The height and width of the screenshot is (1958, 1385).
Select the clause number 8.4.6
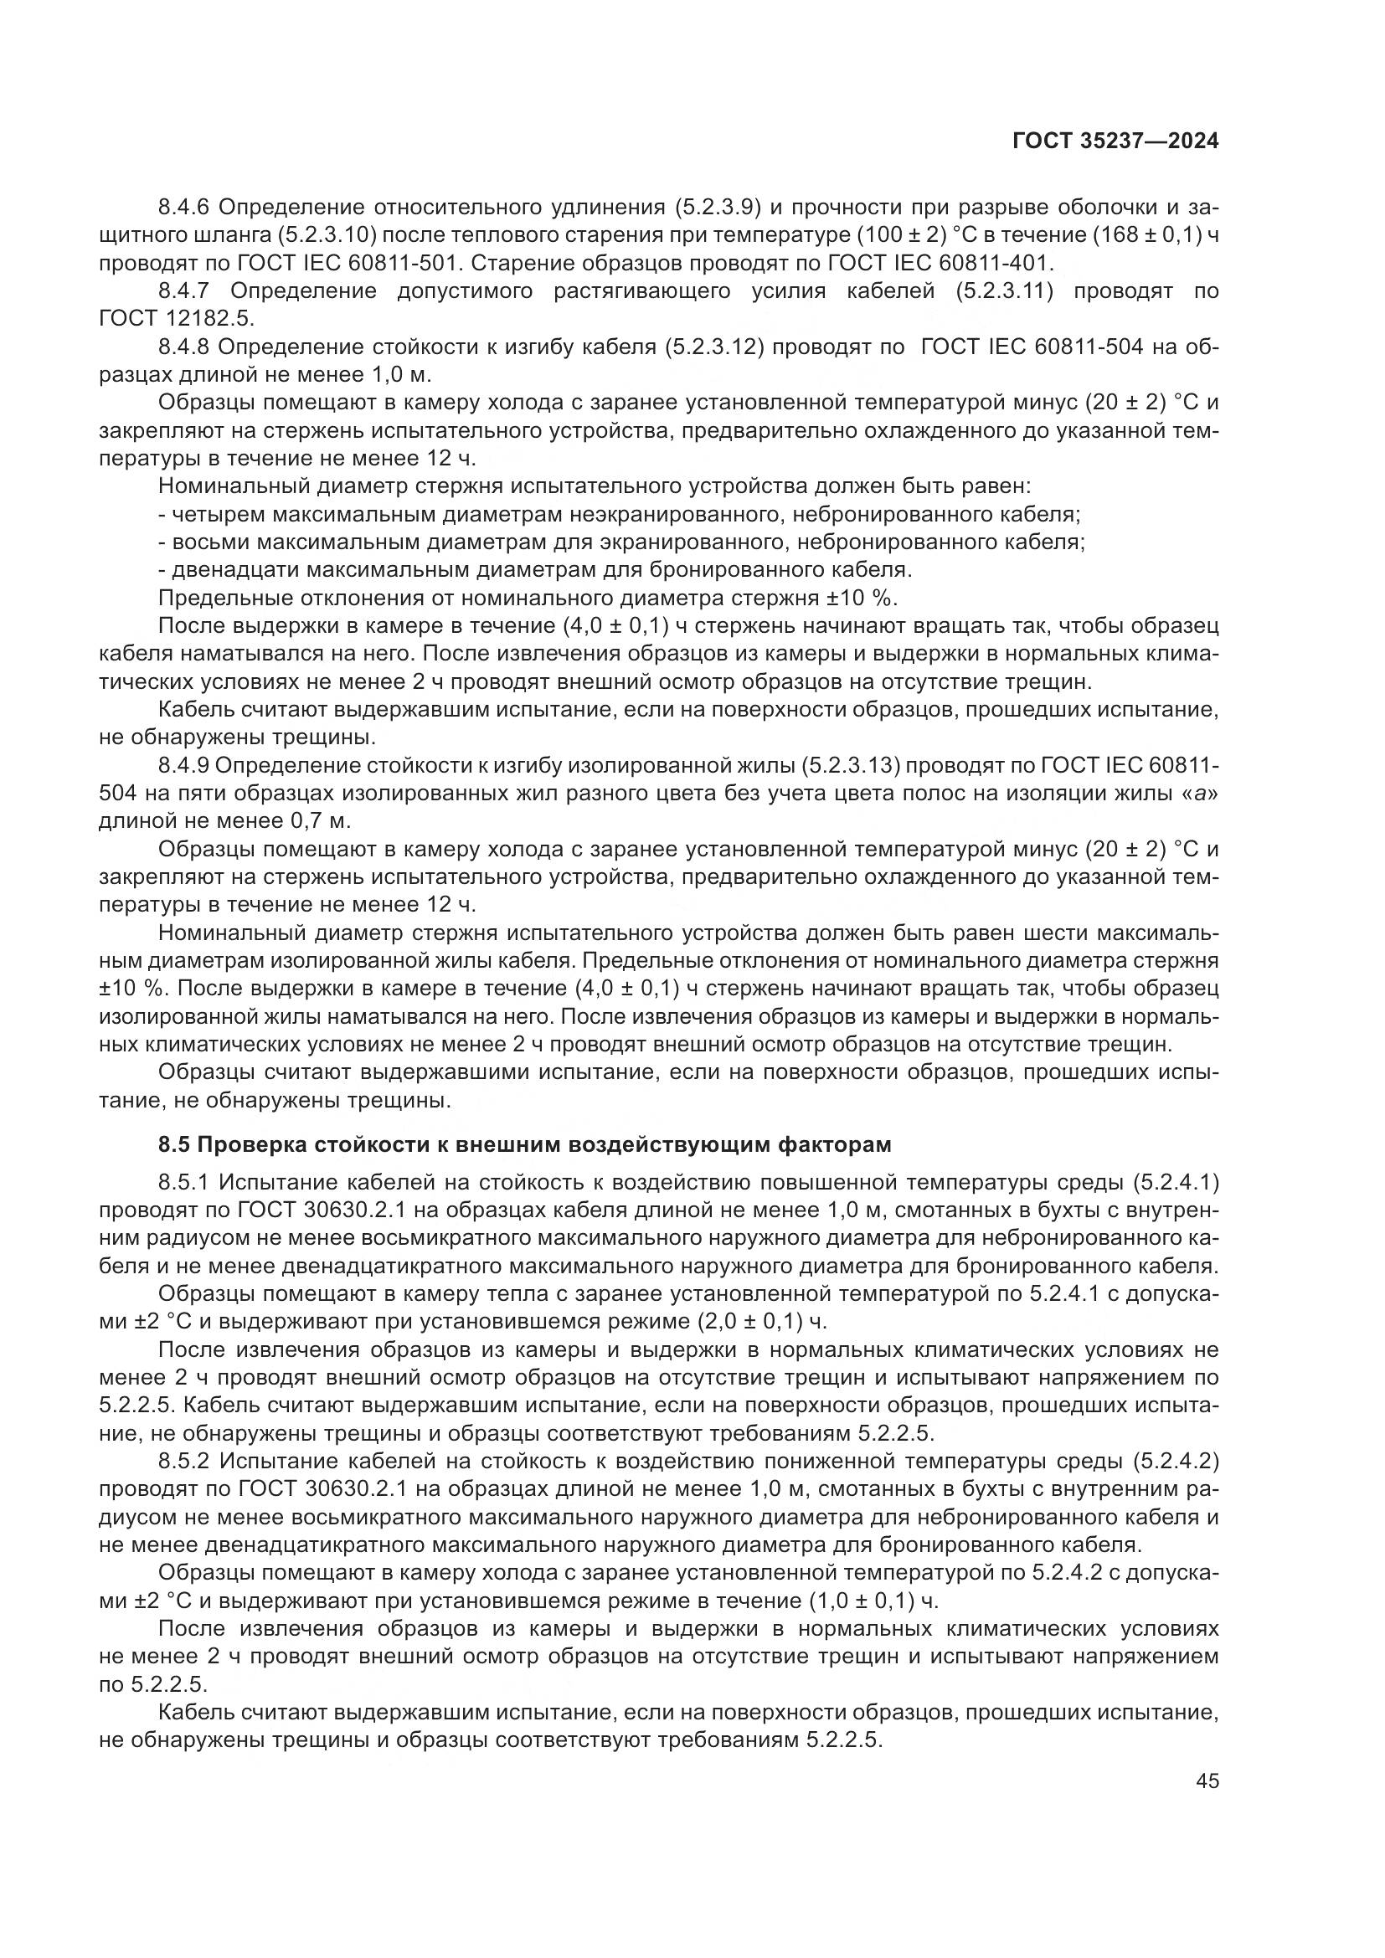pos(185,208)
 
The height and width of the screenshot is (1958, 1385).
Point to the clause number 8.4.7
pos(185,291)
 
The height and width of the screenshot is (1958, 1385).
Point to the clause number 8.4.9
pos(185,766)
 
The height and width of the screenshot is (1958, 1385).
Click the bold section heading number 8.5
pos(176,1144)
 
